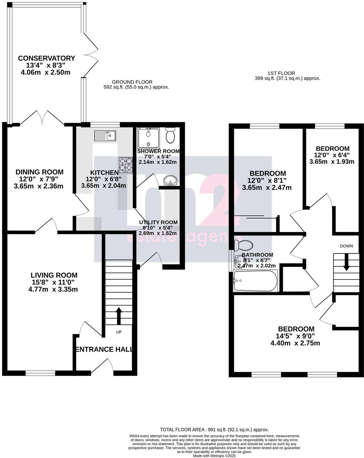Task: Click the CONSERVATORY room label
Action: [x=46, y=58]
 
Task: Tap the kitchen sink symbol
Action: [x=105, y=135]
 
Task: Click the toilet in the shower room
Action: [x=170, y=136]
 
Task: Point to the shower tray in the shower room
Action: [x=148, y=138]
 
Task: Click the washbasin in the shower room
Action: [x=170, y=181]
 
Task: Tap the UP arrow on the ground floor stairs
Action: [x=118, y=315]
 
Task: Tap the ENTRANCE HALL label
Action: [x=104, y=349]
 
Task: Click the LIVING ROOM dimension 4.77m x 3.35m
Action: [x=53, y=290]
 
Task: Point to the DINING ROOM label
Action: [x=40, y=172]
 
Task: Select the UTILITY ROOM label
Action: [x=158, y=222]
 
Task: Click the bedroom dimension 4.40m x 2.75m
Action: [x=295, y=343]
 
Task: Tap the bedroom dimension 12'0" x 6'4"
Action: [x=332, y=155]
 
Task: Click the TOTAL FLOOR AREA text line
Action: [x=214, y=430]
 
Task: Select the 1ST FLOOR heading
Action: [x=281, y=73]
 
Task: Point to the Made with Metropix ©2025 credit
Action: [x=214, y=456]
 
